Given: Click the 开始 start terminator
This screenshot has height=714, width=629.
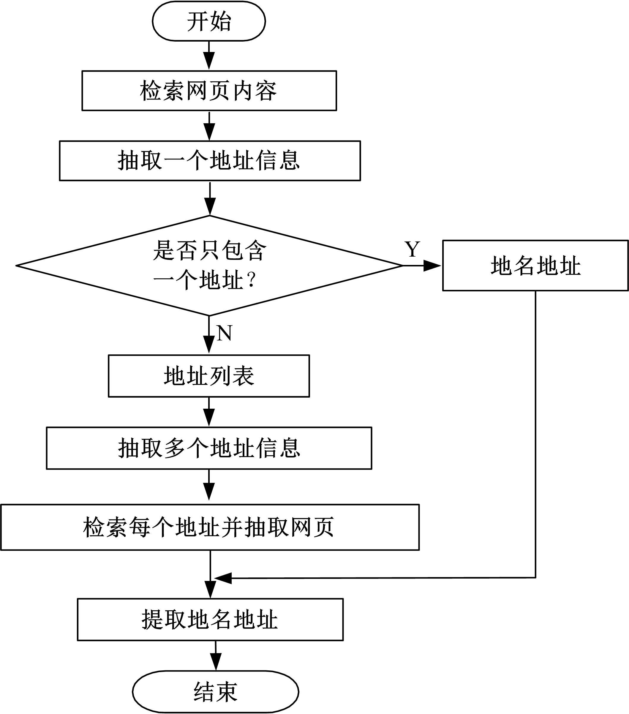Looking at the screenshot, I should click(209, 21).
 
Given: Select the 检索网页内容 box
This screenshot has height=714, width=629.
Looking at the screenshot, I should click(209, 91).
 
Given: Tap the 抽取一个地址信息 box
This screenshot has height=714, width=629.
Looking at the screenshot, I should click(210, 161).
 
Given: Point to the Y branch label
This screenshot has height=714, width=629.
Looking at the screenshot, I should click(412, 249).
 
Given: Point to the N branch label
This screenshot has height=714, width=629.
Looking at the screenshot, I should click(224, 333).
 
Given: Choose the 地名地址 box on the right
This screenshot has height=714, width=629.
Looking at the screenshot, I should click(535, 266).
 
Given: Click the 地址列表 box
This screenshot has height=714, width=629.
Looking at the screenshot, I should click(209, 376).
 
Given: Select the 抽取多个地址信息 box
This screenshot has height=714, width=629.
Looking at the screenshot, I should click(209, 448).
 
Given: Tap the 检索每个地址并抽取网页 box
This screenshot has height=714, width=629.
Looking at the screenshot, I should click(210, 527).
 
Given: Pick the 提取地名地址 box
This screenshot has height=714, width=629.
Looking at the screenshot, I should click(210, 619).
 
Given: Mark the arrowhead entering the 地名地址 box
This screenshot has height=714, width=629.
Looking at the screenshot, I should click(432, 266).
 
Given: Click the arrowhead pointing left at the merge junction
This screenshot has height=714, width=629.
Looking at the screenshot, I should click(223, 578).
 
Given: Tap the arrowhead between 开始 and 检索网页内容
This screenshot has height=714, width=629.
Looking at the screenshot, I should click(209, 61).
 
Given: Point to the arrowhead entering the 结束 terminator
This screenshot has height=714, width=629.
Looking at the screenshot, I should click(216, 662).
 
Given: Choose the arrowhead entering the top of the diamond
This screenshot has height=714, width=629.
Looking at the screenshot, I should click(210, 207).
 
